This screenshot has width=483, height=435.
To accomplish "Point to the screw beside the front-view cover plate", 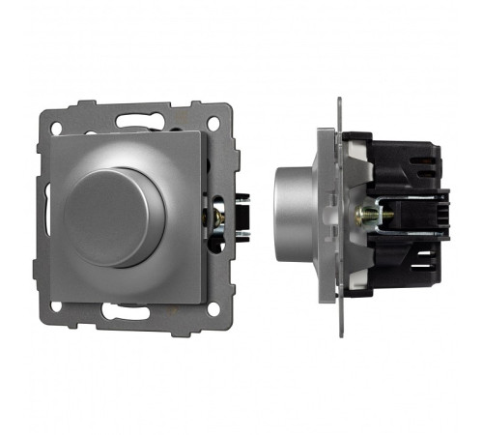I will coord(218,217).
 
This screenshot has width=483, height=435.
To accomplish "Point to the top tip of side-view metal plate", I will coord(341,100).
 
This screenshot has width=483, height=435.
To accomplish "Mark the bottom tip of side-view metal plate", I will coord(341,330).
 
